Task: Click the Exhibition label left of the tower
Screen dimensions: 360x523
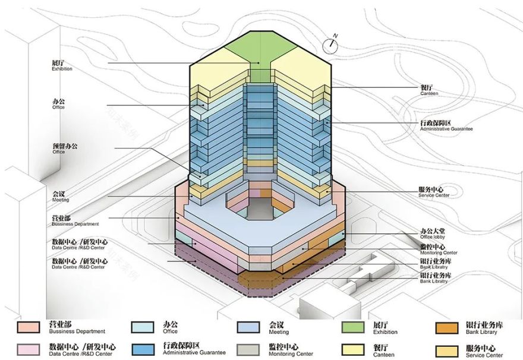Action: [62, 65]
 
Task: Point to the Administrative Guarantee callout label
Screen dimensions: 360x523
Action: [446, 125]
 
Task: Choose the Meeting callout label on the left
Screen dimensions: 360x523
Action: [60, 197]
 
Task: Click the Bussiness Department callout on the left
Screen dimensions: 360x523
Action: [74, 221]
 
